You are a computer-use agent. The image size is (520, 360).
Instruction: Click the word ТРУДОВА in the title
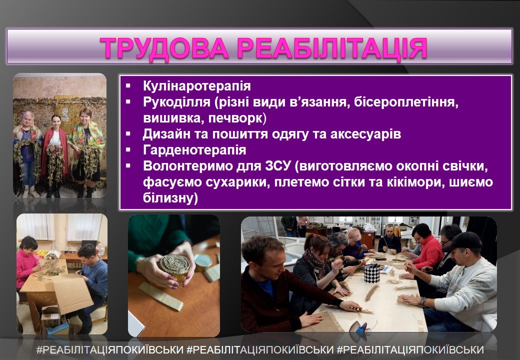coord(164,48)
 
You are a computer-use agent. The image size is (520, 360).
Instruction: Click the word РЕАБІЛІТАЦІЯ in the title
coord(332,48)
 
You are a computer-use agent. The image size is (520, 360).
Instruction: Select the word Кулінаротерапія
coord(196,86)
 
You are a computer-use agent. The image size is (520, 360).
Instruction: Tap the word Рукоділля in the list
coord(176,102)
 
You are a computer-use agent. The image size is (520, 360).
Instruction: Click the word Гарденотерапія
coord(194,150)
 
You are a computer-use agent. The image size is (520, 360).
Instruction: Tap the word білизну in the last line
coord(170,198)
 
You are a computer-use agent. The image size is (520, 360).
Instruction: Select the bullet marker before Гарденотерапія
coord(128,150)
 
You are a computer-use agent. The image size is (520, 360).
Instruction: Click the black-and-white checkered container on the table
coord(372,273)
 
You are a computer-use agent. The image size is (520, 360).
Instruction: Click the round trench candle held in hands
coord(175,267)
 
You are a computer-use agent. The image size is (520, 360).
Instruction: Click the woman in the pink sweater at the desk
coord(28,263)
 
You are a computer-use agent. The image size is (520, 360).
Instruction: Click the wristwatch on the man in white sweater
coord(422,301)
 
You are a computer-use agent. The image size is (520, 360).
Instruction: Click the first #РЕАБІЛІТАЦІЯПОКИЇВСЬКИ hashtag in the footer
coord(110,349)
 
